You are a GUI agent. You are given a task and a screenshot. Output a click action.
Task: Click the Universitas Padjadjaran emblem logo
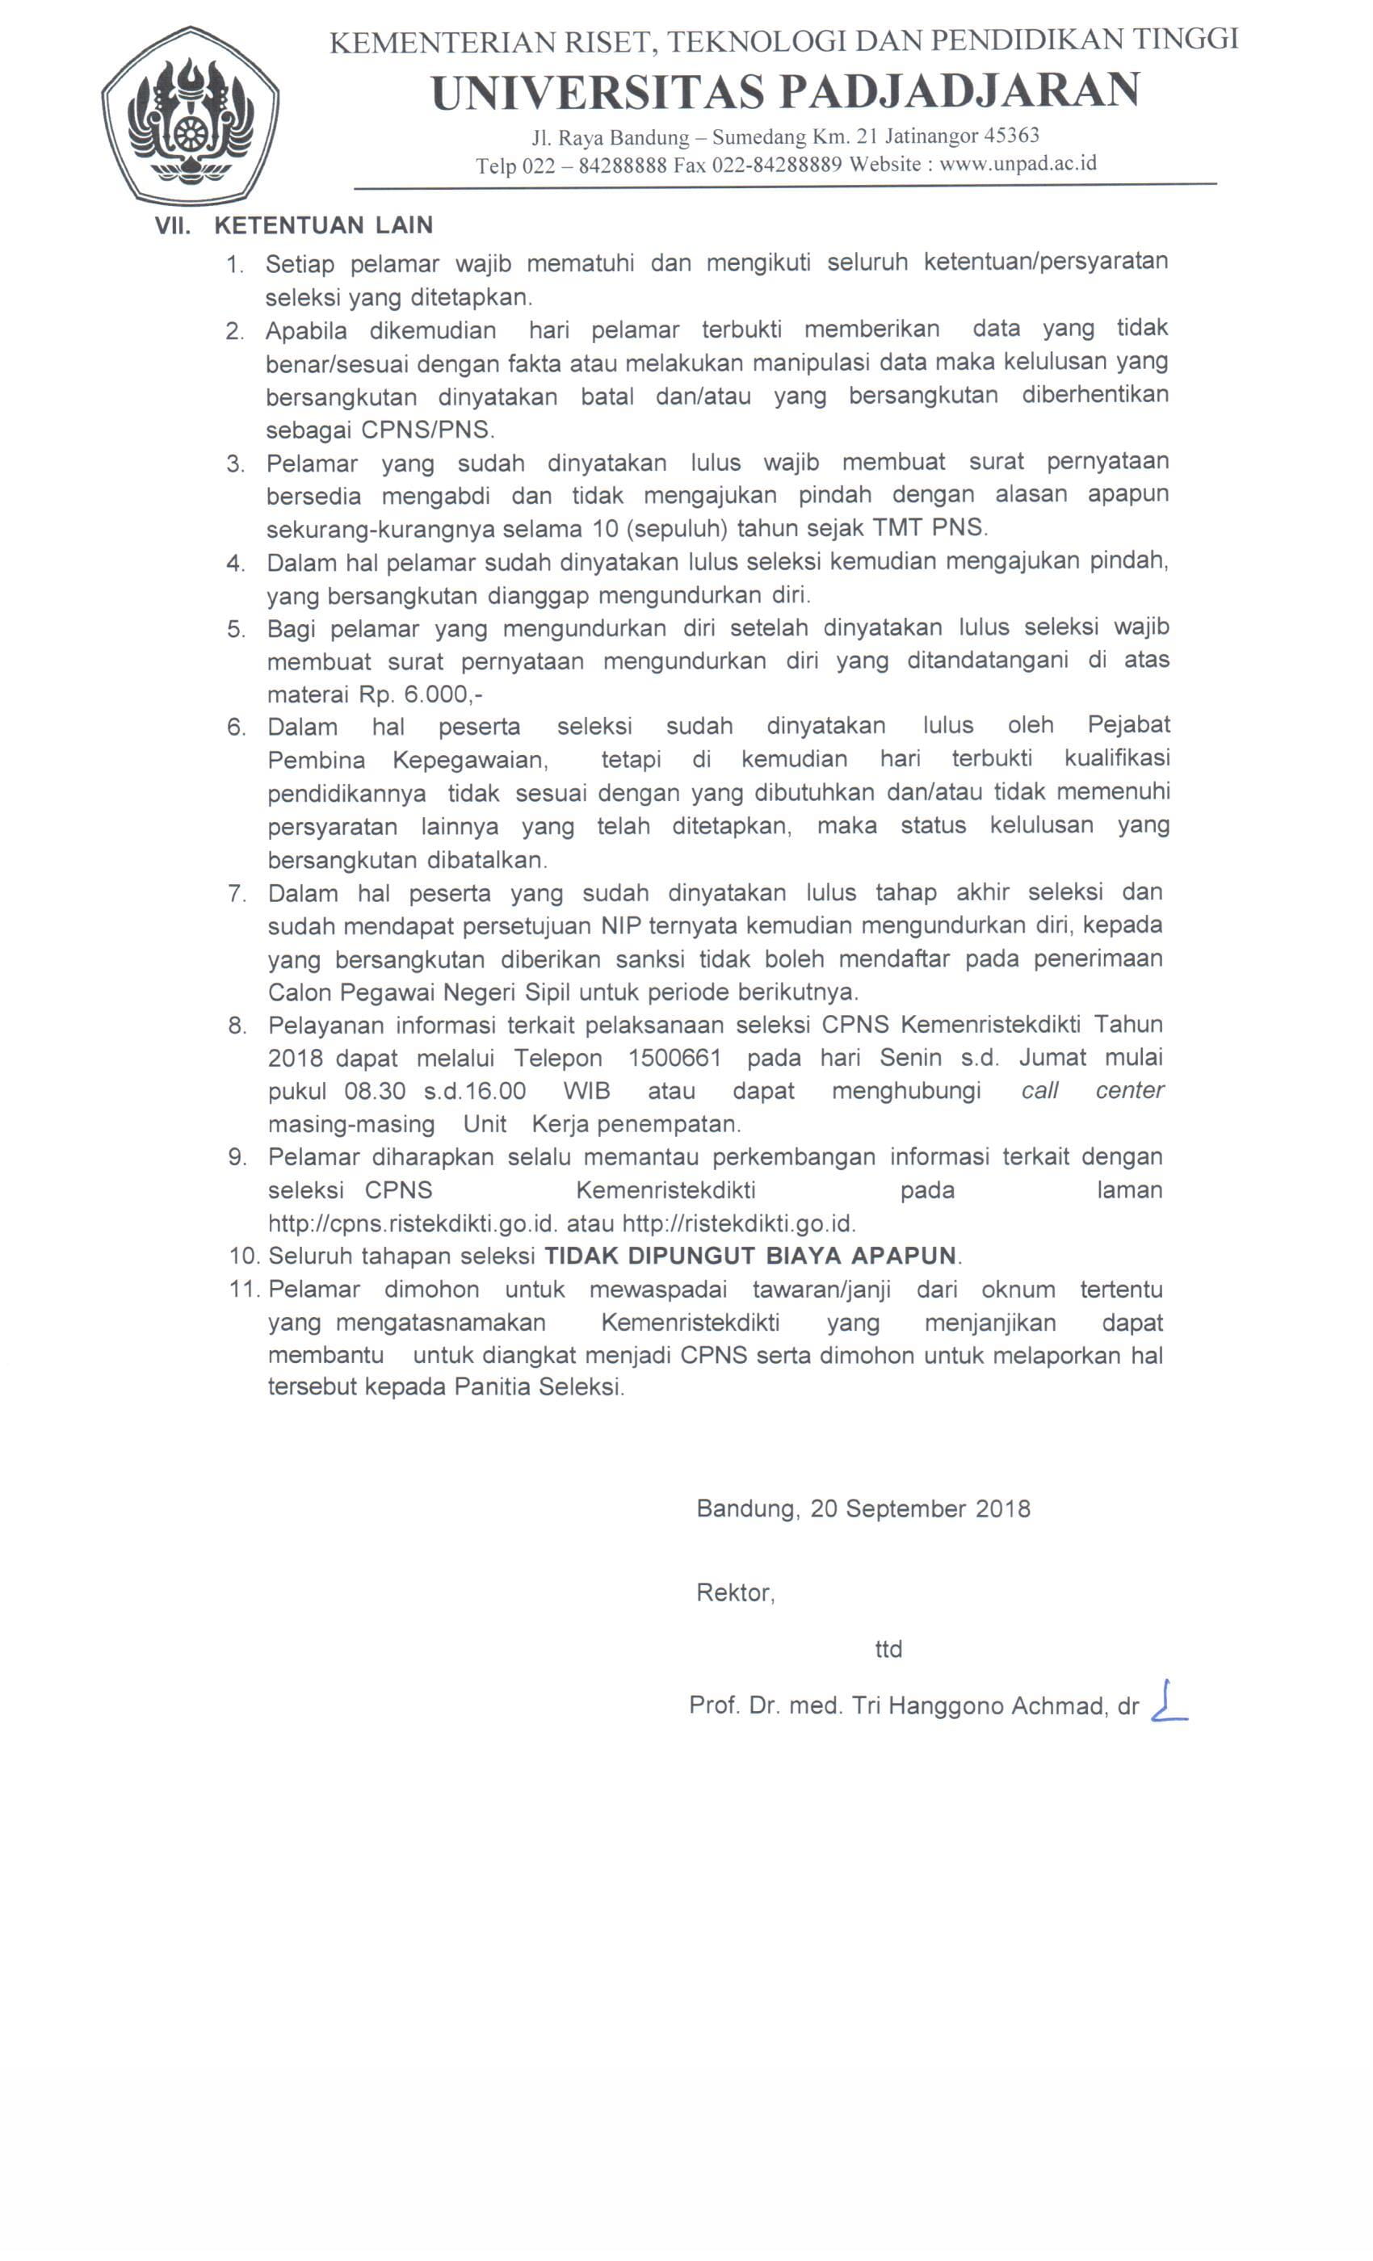pyautogui.click(x=190, y=116)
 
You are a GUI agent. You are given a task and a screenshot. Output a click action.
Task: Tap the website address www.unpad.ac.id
pyautogui.click(x=1018, y=164)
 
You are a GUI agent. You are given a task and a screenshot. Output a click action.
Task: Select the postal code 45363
pyautogui.click(x=1011, y=136)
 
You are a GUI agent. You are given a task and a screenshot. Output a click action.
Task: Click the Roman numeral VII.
pyautogui.click(x=173, y=226)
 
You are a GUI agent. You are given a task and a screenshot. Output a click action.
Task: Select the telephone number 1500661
pyautogui.click(x=674, y=1058)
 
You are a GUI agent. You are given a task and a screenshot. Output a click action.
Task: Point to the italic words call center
pyautogui.click(x=1092, y=1090)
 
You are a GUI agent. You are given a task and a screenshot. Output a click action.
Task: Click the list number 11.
pyautogui.click(x=244, y=1290)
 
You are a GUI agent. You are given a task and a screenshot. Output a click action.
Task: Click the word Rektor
pyautogui.click(x=734, y=1593)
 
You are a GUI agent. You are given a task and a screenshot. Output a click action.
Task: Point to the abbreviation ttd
pyautogui.click(x=888, y=1650)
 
